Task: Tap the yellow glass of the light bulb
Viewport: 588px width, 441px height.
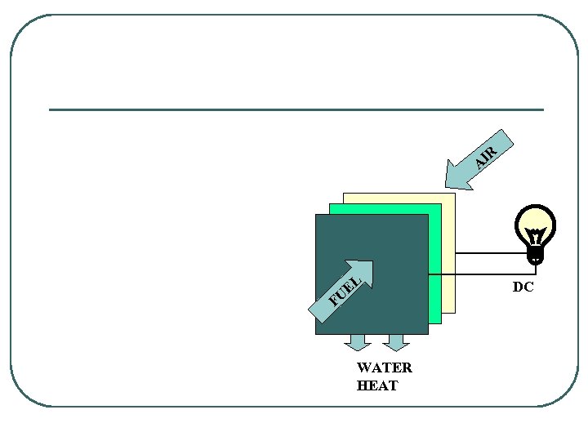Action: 536,221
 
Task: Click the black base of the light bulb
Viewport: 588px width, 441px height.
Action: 536,256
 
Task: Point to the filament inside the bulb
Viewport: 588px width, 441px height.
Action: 536,236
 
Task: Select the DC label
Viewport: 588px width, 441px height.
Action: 523,287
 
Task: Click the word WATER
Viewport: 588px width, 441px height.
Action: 385,367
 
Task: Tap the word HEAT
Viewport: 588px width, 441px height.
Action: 377,385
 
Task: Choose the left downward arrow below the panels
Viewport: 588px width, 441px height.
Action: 358,342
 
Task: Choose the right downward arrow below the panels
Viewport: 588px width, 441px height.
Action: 395,342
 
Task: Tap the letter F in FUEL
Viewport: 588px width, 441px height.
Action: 333,300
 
